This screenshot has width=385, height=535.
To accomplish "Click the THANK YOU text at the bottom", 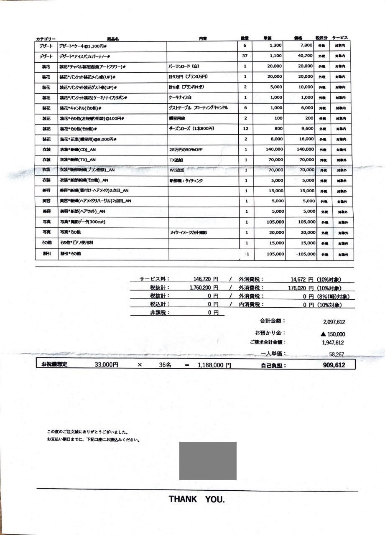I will [x=196, y=499].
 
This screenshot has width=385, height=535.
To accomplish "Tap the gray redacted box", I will [x=208, y=461].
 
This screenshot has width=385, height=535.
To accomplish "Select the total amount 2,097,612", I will [x=334, y=321].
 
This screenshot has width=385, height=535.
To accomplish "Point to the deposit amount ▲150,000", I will [x=333, y=334].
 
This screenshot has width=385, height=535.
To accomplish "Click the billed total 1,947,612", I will [x=333, y=343].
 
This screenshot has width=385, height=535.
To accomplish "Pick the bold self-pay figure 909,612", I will [x=334, y=365].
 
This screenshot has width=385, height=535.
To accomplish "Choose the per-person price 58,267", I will [x=337, y=354].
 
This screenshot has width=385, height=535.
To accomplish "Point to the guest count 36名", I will [x=166, y=365].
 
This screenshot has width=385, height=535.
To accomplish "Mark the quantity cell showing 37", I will [x=245, y=56].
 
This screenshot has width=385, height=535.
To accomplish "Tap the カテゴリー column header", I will [x=46, y=38].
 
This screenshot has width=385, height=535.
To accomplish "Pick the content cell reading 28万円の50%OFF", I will [x=186, y=150].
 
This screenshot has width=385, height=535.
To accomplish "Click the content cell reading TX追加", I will [x=176, y=160].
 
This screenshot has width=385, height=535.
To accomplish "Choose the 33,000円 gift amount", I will [x=107, y=365].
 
